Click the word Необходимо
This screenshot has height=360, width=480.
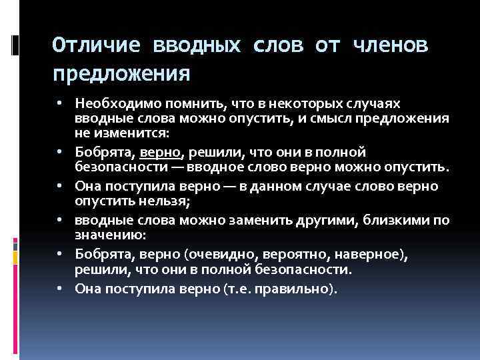pyautogui.click(x=115, y=104)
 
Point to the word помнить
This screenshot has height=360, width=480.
pyautogui.click(x=188, y=104)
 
